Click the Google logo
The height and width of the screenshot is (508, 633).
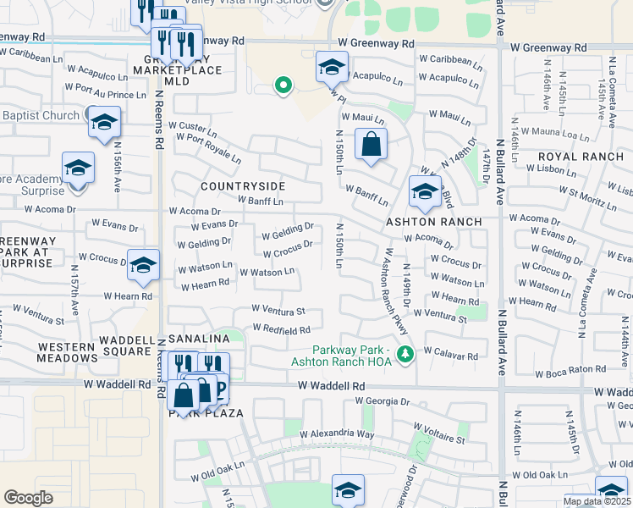(x=28, y=498)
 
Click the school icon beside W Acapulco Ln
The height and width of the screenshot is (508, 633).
(x=332, y=67)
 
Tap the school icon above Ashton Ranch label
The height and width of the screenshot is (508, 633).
(x=424, y=191)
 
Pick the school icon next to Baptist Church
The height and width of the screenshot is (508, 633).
(x=104, y=123)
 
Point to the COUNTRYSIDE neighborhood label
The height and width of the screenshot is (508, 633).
(x=243, y=185)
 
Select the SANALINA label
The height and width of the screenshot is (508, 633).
(x=199, y=338)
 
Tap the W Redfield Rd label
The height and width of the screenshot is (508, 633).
(x=281, y=329)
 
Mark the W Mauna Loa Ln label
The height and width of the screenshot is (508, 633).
(x=555, y=135)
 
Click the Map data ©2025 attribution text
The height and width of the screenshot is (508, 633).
(x=597, y=501)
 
